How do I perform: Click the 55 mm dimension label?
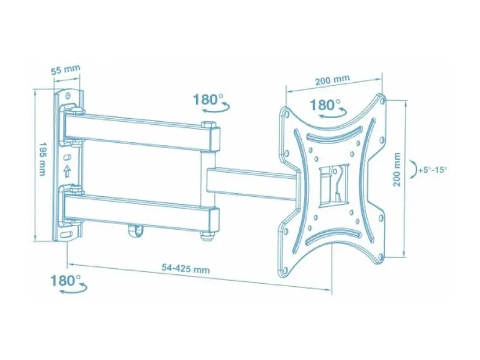(65, 70)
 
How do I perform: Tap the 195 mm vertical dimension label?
(42, 158)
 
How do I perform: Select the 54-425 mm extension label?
(186, 269)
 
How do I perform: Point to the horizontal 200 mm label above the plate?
(332, 80)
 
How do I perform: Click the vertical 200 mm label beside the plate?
(397, 170)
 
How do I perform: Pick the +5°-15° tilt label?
(433, 170)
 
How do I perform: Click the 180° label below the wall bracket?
(65, 280)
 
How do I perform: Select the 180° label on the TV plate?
(325, 104)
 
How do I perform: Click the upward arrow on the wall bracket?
(67, 172)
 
